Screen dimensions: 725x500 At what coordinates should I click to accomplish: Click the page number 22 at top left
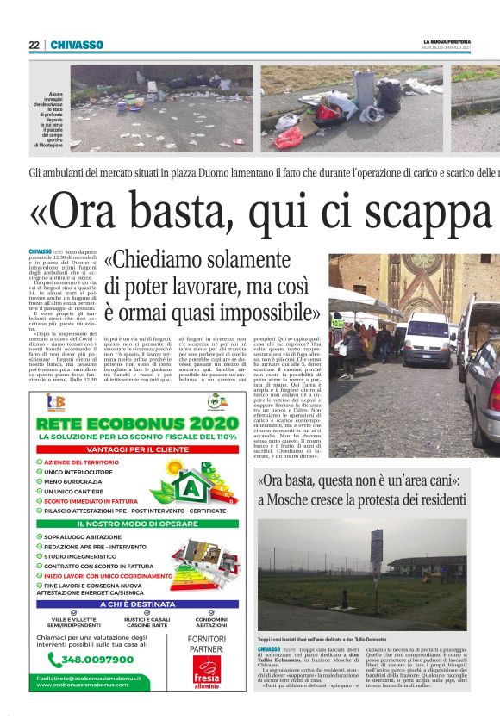[34, 45]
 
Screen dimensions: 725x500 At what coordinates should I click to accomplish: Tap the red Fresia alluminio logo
[207, 671]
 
